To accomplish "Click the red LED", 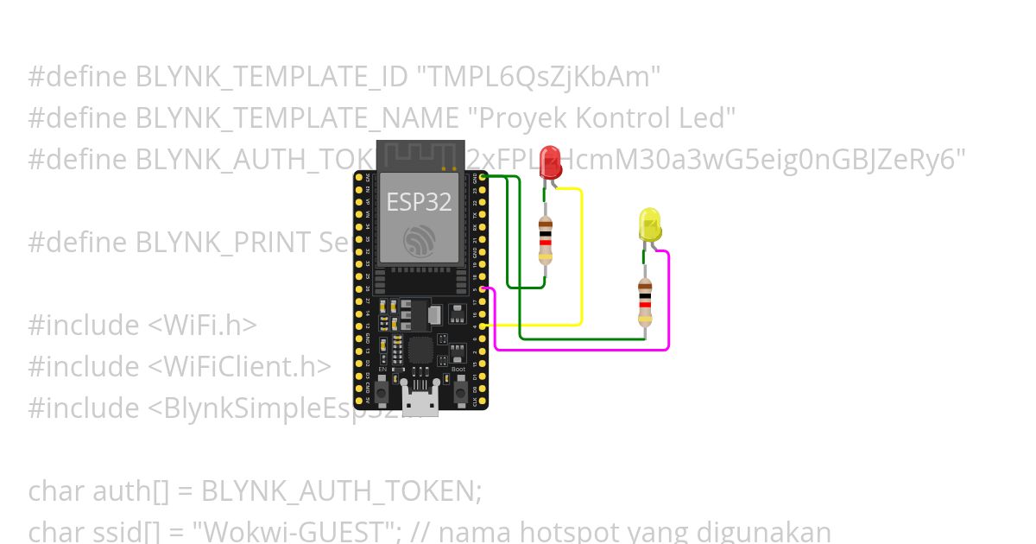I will pyautogui.click(x=550, y=163).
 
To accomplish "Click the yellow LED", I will pyautogui.click(x=649, y=225).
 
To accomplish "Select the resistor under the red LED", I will pyautogui.click(x=545, y=239).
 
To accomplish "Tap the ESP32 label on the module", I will pyautogui.click(x=419, y=202).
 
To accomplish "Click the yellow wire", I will pyautogui.click(x=581, y=259).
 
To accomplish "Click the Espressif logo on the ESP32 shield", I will pyautogui.click(x=419, y=239).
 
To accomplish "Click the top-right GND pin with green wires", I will pyautogui.click(x=482, y=176).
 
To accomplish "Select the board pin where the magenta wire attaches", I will pyautogui.click(x=482, y=288).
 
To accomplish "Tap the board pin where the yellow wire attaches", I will pyautogui.click(x=482, y=326).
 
